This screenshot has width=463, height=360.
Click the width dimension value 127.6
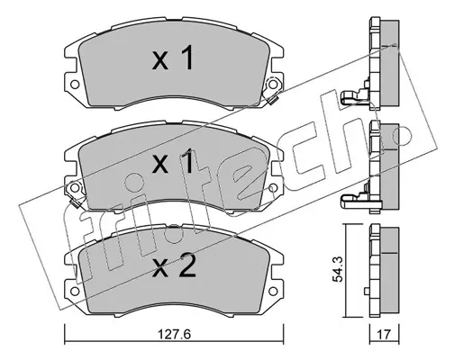[174, 335]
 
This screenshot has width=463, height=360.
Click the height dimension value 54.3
[339, 269]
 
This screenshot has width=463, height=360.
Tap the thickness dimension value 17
[385, 335]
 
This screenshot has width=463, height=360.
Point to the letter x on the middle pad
[160, 166]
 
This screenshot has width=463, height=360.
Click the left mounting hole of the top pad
[75, 85]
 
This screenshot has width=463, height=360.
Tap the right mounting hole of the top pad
[272, 85]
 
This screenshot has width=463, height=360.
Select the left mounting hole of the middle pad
[75, 188]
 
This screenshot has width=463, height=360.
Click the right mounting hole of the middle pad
[272, 188]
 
